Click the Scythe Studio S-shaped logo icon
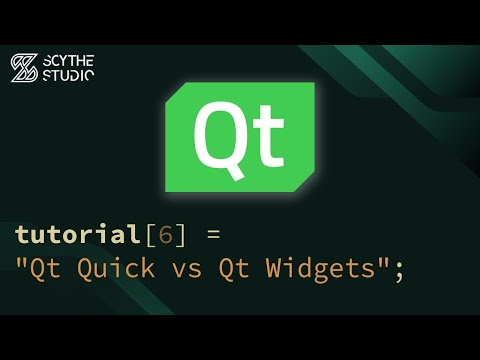tap(24, 68)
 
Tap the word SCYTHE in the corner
tap(70, 60)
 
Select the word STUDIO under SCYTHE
tap(70, 75)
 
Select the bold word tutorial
tap(76, 235)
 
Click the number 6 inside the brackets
tap(167, 236)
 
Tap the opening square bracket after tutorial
tap(150, 236)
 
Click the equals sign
tap(212, 237)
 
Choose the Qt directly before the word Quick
tap(45, 269)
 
